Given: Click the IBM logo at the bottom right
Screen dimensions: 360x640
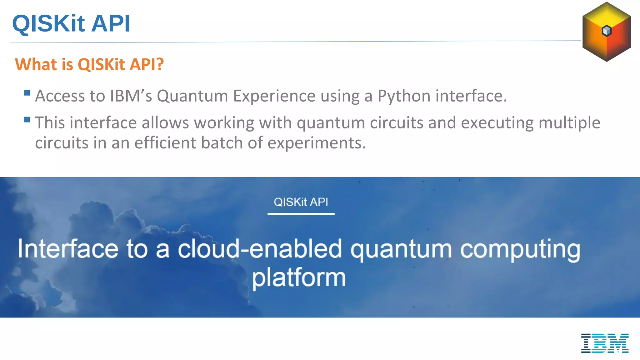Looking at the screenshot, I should [x=605, y=343].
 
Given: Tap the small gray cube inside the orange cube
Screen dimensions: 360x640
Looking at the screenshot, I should [x=607, y=31].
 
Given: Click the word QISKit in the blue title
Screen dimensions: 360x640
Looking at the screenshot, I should [x=48, y=23].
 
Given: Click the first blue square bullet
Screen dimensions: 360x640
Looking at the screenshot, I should [x=27, y=93].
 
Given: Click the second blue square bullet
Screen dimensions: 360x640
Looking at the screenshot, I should [x=27, y=120].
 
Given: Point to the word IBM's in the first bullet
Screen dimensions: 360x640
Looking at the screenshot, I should [x=131, y=96].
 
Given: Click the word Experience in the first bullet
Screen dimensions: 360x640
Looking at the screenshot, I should [x=274, y=96].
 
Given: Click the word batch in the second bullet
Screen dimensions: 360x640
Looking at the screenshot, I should [x=222, y=143].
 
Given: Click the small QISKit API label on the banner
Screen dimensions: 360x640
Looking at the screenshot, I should [x=301, y=202].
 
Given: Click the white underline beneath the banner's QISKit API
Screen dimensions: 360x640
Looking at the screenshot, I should [x=301, y=214].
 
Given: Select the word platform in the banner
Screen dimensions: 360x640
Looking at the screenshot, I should [x=299, y=277].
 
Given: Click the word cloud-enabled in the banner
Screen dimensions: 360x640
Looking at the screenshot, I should [x=260, y=249].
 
